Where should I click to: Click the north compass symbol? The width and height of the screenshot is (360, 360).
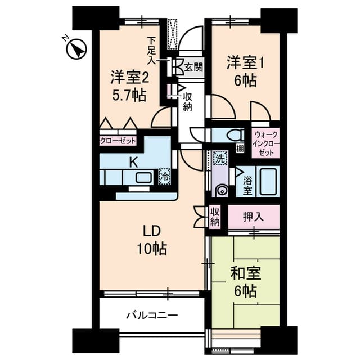tap(75, 48)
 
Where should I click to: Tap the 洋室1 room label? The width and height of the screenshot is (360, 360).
tap(245, 63)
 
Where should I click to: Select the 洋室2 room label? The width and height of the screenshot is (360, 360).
tap(130, 78)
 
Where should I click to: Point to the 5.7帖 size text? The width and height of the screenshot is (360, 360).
tap(129, 95)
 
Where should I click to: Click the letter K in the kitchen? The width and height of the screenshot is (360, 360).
tap(134, 163)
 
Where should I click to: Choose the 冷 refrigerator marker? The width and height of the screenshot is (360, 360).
tap(165, 177)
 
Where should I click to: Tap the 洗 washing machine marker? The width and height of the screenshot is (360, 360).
tap(220, 158)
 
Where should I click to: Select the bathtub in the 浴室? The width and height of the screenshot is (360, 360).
tap(268, 181)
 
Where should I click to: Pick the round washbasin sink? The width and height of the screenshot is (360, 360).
tap(222, 190)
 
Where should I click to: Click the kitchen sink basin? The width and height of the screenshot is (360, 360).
tap(144, 178)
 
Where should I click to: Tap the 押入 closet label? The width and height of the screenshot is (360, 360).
tap(254, 217)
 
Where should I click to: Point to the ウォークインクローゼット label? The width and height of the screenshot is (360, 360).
tap(265, 143)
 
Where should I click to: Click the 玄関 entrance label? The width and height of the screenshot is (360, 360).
tap(193, 67)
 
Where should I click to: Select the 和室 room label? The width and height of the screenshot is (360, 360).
tap(245, 273)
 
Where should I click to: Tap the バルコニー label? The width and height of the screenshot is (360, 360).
tap(152, 315)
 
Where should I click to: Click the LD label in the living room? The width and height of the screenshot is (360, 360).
tap(152, 231)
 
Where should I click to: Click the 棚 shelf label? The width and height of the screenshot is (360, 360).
tap(240, 149)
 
